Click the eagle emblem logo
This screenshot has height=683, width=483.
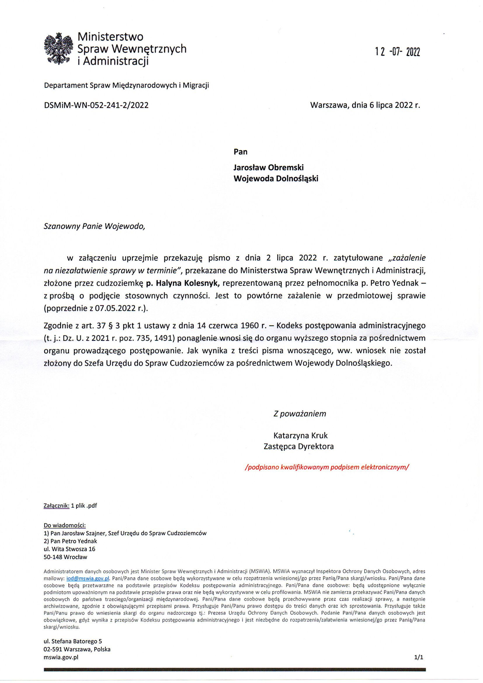pyautogui.click(x=58, y=48)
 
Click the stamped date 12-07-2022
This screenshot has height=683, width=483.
pyautogui.click(x=397, y=52)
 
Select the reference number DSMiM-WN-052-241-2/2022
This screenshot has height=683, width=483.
pyautogui.click(x=96, y=105)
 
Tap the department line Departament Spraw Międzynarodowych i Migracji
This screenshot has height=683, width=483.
pyautogui.click(x=126, y=86)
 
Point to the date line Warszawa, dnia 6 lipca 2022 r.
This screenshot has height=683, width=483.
pyautogui.click(x=365, y=105)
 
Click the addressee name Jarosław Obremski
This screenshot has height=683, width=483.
pyautogui.click(x=269, y=167)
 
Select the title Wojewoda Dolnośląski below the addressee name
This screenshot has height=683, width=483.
pyautogui.click(x=276, y=178)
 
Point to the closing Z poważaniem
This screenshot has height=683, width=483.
pyautogui.click(x=300, y=414)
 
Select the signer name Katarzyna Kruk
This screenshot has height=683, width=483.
pyautogui.click(x=300, y=436)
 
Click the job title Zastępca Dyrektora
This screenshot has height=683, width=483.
pyautogui.click(x=299, y=446)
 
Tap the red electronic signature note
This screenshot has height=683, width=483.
pyautogui.click(x=326, y=467)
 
